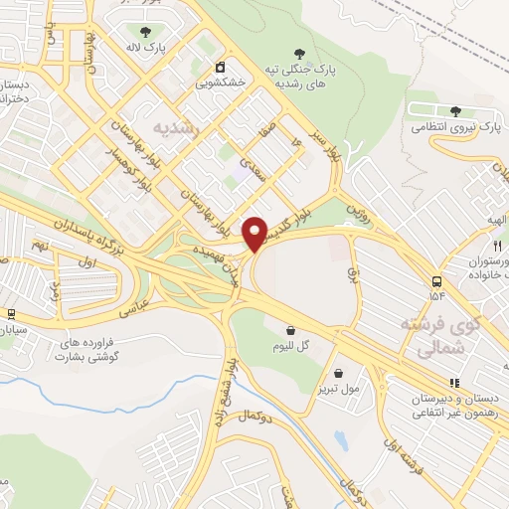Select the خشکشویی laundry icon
(x=220, y=68)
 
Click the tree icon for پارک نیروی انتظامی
(x=455, y=111)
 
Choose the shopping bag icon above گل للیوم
(x=290, y=330)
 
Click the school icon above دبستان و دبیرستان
(x=454, y=382)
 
